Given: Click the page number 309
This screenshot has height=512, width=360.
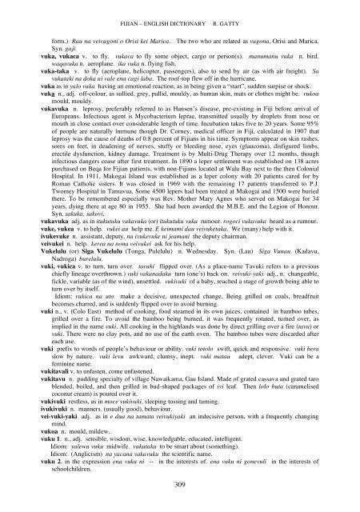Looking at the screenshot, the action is (180, 490).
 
